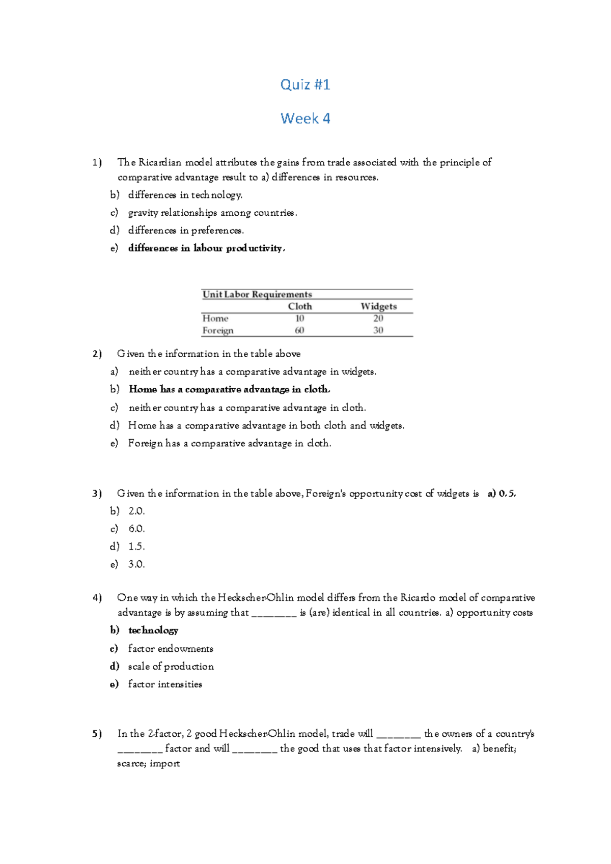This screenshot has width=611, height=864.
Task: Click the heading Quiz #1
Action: click(x=305, y=84)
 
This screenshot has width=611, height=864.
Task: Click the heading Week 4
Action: click(x=305, y=119)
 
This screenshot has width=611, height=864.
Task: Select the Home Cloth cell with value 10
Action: click(x=299, y=318)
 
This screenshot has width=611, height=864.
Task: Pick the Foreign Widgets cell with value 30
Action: click(x=378, y=330)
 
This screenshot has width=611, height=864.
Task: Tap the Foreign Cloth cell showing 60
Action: click(x=299, y=330)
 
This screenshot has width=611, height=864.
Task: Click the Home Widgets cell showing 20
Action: click(x=378, y=318)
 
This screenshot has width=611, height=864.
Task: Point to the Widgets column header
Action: click(x=378, y=306)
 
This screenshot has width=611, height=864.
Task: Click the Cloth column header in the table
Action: click(x=299, y=306)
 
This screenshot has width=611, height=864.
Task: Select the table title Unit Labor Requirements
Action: click(x=257, y=294)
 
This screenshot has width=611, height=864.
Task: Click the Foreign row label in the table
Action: click(x=218, y=330)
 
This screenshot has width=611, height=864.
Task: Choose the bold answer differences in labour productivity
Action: click(x=206, y=248)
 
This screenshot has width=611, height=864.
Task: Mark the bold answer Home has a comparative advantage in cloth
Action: click(x=229, y=389)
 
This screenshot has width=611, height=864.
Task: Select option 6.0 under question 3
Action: click(x=136, y=529)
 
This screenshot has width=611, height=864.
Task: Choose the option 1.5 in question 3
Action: click(x=136, y=546)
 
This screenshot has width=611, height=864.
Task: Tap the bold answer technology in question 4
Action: click(x=153, y=630)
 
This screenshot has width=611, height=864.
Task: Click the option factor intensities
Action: click(x=165, y=684)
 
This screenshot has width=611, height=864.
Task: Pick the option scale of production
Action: click(x=171, y=667)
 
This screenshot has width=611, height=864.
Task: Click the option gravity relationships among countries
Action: click(x=212, y=213)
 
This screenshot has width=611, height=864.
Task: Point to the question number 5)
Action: click(x=97, y=734)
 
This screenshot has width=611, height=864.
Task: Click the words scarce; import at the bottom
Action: click(x=148, y=763)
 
